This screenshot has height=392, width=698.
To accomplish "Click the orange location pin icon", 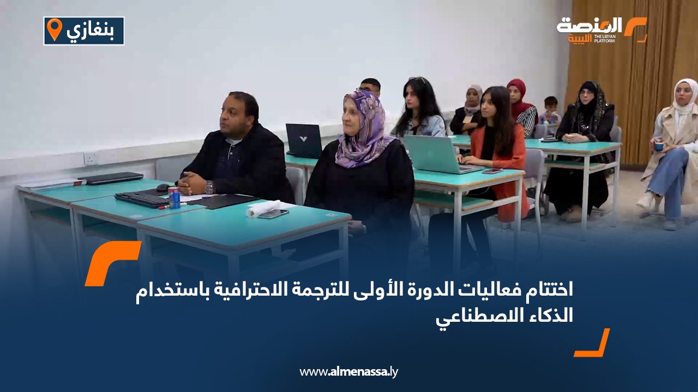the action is pyautogui.click(x=55, y=29).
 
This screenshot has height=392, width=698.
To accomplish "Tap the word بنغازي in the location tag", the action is pyautogui.click(x=91, y=31).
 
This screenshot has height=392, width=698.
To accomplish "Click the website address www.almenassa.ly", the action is pyautogui.click(x=348, y=371).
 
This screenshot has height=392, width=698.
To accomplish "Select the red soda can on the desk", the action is pyautogui.click(x=174, y=198).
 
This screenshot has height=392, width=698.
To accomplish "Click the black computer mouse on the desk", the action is pyautogui.click(x=163, y=188).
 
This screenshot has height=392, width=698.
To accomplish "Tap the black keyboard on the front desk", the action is pyautogui.click(x=142, y=200).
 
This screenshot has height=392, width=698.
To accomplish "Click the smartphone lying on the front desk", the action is pyautogui.click(x=274, y=214).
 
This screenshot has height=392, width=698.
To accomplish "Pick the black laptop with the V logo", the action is pyautogui.click(x=304, y=140).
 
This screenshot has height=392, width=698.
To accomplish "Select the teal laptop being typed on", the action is pyautogui.click(x=440, y=154).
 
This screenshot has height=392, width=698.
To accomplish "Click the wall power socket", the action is pyautogui.click(x=90, y=158).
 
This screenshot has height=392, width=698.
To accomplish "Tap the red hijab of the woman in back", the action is pyautogui.click(x=519, y=97).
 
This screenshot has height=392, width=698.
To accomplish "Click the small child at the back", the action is pyautogui.click(x=550, y=109).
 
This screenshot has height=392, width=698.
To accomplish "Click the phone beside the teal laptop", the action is pyautogui.click(x=492, y=171).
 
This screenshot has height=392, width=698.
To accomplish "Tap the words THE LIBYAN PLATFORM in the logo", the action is pyautogui.click(x=605, y=39).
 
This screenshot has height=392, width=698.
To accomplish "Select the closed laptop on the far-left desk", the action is pyautogui.click(x=111, y=177).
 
